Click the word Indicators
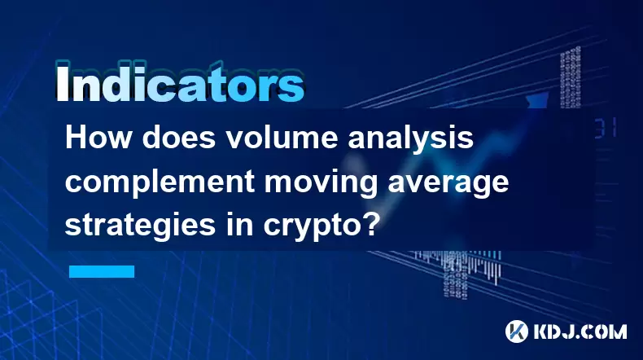180,83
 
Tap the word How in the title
98,138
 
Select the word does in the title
179,138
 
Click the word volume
282,138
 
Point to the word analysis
411,139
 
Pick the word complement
159,182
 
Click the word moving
321,183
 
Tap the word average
448,183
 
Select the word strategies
140,226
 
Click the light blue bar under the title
102,271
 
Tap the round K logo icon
516,331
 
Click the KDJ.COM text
580,331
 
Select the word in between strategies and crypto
239,225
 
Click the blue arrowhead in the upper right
538,100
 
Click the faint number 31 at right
606,129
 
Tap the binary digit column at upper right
570,77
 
